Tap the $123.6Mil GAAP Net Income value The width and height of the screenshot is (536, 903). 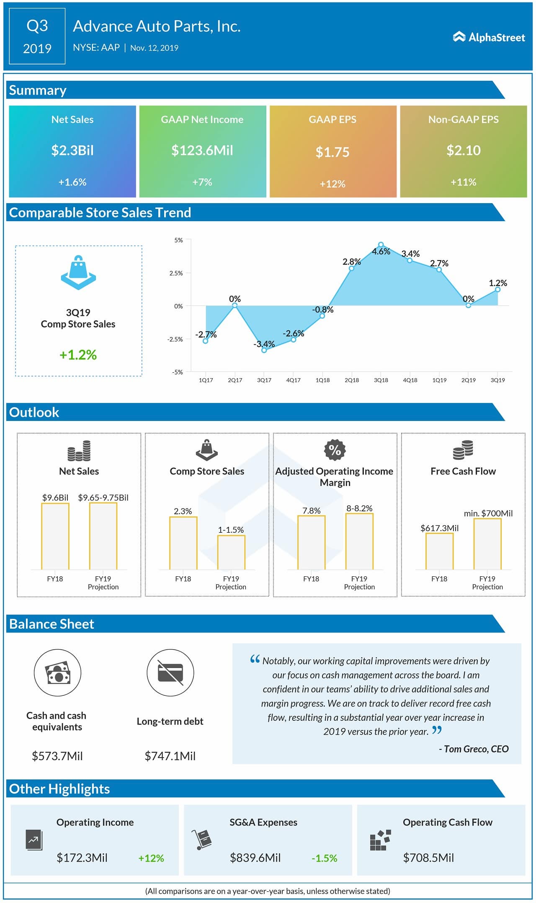(202, 150)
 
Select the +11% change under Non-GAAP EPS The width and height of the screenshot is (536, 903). (463, 182)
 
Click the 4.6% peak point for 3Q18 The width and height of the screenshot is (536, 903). (381, 245)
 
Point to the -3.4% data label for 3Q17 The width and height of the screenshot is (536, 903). (264, 344)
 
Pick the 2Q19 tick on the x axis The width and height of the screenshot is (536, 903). (468, 380)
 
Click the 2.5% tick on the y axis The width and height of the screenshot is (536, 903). (176, 273)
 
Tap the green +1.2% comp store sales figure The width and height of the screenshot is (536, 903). (78, 355)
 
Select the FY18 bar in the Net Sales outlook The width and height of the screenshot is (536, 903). (55, 536)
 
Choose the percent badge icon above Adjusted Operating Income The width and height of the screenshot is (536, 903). (335, 450)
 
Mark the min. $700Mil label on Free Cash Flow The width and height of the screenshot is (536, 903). (488, 513)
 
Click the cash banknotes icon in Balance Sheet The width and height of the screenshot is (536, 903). (57, 673)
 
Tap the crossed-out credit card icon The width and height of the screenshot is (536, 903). (170, 673)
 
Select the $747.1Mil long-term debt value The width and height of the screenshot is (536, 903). (170, 756)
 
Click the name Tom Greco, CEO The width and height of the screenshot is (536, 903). (473, 749)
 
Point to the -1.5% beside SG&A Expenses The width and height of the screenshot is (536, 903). (324, 858)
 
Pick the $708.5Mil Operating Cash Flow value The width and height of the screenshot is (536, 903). (428, 858)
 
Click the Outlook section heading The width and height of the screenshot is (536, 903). (34, 412)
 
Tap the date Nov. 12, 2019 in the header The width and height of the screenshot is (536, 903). (154, 48)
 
